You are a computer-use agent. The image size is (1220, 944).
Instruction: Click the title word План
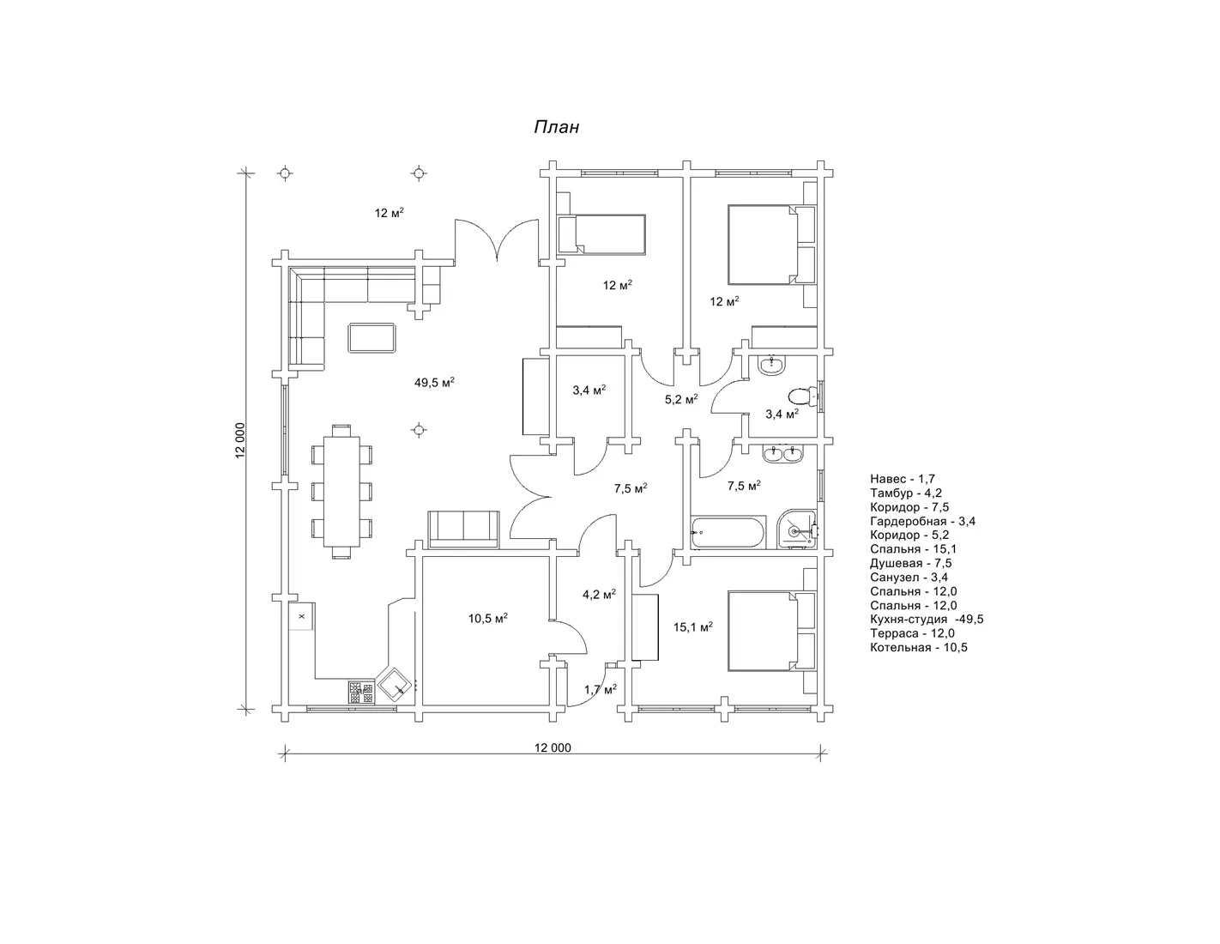pos(556,128)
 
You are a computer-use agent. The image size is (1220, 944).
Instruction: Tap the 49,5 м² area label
pos(434,383)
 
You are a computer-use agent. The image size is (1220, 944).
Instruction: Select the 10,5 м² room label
pos(488,618)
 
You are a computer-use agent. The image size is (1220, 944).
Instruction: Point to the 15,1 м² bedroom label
pos(693,626)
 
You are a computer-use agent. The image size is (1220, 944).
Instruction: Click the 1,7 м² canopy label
pos(601,689)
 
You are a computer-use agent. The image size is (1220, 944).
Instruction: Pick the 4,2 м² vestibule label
pos(599,594)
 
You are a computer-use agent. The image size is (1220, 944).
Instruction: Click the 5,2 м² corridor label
pos(681,399)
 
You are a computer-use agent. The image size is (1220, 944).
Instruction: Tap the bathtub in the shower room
pos(728,532)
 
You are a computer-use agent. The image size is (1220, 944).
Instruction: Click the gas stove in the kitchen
pos(361,692)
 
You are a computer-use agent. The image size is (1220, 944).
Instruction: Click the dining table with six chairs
pos(341,492)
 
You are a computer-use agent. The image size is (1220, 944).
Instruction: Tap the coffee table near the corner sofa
pos(371,337)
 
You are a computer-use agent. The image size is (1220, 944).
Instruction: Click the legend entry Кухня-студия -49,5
pos(927,619)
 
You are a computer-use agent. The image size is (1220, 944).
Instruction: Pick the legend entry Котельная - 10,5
pos(919,647)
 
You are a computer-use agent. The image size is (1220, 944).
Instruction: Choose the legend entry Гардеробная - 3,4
pos(922,521)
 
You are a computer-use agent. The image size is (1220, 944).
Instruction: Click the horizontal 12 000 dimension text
pos(553,747)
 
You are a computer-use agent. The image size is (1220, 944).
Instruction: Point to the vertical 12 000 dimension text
pos(240,440)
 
